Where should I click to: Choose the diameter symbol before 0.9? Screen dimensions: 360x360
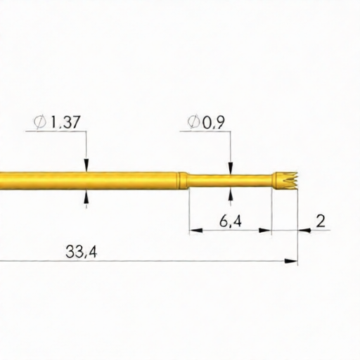coord(193,123)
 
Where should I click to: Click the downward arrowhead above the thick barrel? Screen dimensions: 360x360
coord(86,165)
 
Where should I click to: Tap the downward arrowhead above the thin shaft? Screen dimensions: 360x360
coord(230,169)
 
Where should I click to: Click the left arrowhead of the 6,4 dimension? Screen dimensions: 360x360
coord(194,230)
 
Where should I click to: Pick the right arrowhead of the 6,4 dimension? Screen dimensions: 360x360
coord(266,230)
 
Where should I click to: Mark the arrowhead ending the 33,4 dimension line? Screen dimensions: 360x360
coord(292,261)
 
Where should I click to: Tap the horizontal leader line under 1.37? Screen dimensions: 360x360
coord(59,131)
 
